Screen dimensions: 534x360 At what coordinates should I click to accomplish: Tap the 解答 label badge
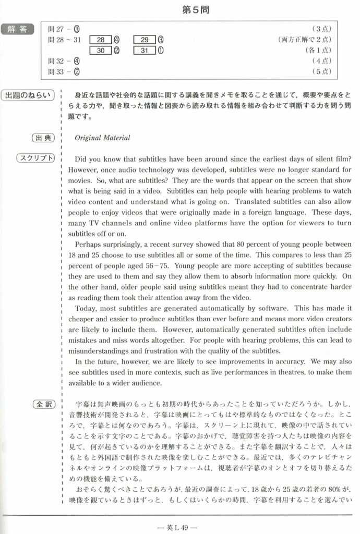[17, 29]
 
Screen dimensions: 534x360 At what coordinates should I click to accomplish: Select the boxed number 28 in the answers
[100, 39]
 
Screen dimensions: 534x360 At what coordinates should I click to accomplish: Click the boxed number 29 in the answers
[145, 39]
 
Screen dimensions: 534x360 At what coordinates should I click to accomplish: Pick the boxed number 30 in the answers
[100, 50]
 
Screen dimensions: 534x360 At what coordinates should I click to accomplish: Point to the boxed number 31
[145, 50]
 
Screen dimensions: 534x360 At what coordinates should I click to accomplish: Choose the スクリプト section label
[36, 158]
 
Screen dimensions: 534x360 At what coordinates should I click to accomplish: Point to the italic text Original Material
[102, 138]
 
